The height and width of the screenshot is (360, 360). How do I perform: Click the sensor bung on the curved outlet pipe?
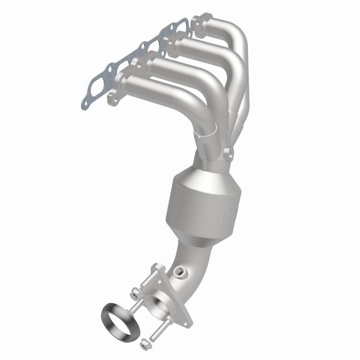[180, 272]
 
